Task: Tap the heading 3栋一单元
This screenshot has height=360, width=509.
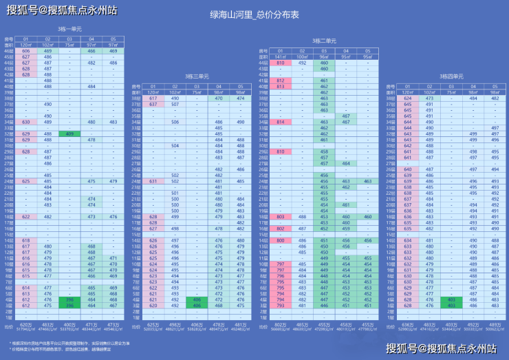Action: click(69, 29)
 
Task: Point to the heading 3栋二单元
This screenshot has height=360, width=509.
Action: click(323, 41)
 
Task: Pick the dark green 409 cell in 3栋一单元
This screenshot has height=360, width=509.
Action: click(69, 134)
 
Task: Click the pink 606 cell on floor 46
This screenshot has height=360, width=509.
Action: click(26, 51)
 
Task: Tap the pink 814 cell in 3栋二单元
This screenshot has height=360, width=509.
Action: click(281, 122)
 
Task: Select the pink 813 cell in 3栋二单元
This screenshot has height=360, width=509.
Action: click(281, 86)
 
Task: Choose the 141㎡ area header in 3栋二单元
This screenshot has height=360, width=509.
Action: click(281, 56)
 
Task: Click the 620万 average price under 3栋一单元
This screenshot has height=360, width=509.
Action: click(26, 324)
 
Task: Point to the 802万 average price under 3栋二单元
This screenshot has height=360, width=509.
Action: click(281, 324)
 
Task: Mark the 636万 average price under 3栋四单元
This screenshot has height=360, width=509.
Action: click(408, 324)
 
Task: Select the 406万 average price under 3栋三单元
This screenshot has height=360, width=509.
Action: click(197, 324)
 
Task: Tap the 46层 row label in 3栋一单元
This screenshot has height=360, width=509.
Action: click(9, 51)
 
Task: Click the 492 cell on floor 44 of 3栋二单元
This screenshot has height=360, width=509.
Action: click(302, 63)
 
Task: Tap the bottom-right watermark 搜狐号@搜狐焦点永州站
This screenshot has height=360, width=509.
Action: click(441, 348)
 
